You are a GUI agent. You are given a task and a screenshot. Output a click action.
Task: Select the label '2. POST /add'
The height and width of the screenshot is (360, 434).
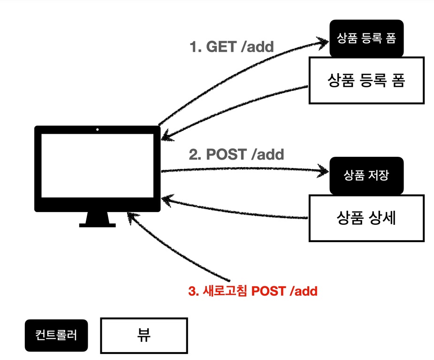pyautogui.click(x=236, y=154)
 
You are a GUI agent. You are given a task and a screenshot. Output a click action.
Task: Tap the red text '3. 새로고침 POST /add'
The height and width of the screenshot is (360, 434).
pyautogui.click(x=253, y=291)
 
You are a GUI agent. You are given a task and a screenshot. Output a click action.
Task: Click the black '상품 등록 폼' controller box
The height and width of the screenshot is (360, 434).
pyautogui.click(x=367, y=38)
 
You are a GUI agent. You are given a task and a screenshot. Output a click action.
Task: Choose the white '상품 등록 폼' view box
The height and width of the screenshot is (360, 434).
pyautogui.click(x=366, y=81)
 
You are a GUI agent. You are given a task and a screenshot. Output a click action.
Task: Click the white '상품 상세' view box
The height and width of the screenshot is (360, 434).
pyautogui.click(x=366, y=218)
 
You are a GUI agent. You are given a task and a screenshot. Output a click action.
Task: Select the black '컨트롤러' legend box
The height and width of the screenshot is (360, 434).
pyautogui.click(x=56, y=335)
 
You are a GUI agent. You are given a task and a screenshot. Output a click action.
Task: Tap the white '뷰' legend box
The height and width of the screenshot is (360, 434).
pyautogui.click(x=144, y=335)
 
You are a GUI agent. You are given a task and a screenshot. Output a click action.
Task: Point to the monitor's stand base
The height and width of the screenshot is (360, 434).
pyautogui.click(x=98, y=224)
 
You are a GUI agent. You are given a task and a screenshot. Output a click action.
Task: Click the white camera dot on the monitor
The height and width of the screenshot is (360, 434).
pyautogui.click(x=98, y=129)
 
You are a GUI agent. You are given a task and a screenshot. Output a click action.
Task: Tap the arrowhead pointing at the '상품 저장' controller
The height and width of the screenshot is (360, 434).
pyautogui.click(x=324, y=171)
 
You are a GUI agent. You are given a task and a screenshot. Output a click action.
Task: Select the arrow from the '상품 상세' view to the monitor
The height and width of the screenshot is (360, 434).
pyautogui.click(x=235, y=210)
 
